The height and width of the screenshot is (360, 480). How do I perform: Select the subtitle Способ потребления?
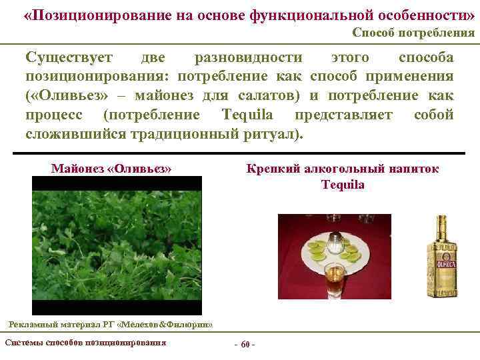click(413, 33)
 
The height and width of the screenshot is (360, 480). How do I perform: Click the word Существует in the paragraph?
click(69, 58)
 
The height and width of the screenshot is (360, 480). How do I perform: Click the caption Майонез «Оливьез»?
click(111, 169)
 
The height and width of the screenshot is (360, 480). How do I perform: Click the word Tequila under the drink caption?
click(343, 185)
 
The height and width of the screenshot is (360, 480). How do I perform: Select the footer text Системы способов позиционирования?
click(85, 343)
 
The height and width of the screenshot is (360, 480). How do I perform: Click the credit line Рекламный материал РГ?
click(109, 325)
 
